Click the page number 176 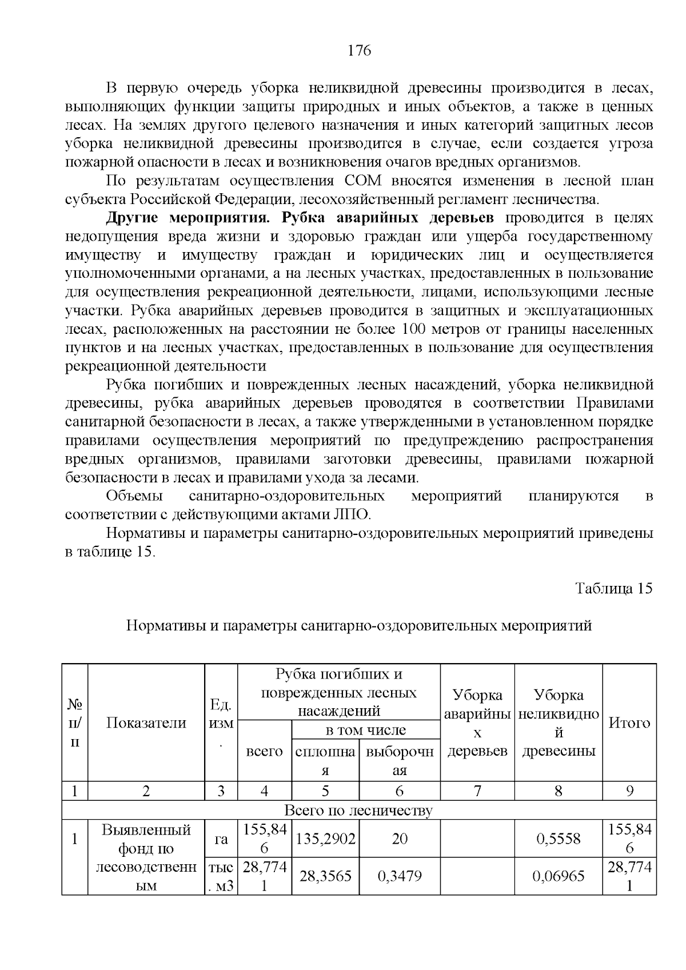click(x=360, y=51)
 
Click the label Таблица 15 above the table click(x=613, y=589)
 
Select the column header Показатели click(x=146, y=723)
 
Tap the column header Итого click(x=629, y=723)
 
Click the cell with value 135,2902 click(x=325, y=839)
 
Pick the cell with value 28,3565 click(x=325, y=876)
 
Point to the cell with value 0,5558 click(x=559, y=839)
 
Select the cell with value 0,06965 click(x=559, y=876)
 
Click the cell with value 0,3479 click(x=400, y=876)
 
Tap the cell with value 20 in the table click(x=400, y=839)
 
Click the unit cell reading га click(x=221, y=839)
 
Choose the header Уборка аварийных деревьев click(x=477, y=723)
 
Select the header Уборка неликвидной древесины click(x=559, y=723)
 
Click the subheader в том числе click(x=365, y=730)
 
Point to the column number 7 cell click(x=477, y=791)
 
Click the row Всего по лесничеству click(x=358, y=811)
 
